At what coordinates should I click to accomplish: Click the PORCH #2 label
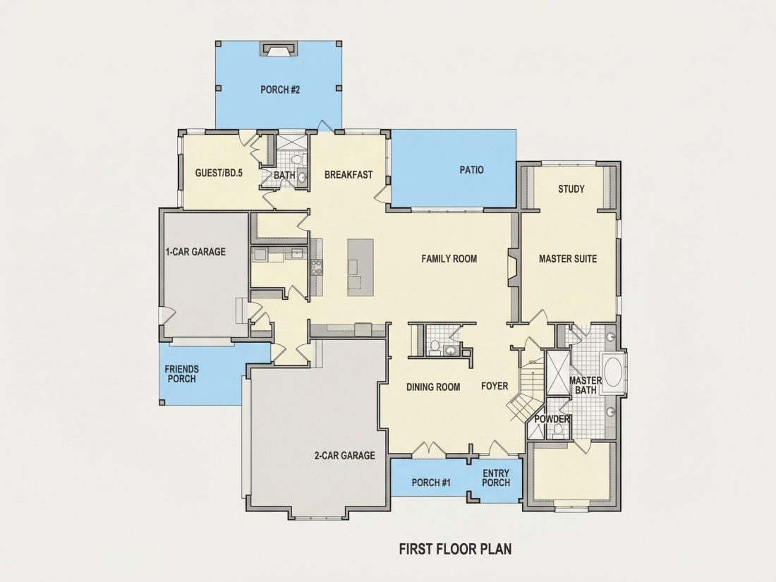click(280, 90)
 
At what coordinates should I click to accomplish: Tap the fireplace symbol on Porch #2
click(279, 49)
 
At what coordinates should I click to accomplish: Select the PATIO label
click(472, 170)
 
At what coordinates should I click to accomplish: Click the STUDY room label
click(571, 188)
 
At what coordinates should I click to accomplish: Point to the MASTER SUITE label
click(568, 258)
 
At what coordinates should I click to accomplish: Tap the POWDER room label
click(552, 419)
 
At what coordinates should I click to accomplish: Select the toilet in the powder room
click(558, 432)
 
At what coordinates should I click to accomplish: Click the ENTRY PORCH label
click(496, 478)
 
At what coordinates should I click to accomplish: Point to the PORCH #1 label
click(431, 483)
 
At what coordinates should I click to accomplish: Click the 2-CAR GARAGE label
click(344, 455)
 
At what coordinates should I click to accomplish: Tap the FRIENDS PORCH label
click(181, 374)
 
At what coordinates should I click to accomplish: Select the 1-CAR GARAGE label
click(195, 251)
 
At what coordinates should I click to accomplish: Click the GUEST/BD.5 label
click(219, 174)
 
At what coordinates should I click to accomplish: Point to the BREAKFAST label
click(348, 175)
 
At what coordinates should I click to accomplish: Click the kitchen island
click(360, 267)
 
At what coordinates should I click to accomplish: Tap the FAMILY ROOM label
click(449, 258)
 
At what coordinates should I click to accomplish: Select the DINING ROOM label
click(434, 387)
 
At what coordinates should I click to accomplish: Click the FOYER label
click(495, 386)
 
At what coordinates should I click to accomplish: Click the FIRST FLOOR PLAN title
click(455, 549)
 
